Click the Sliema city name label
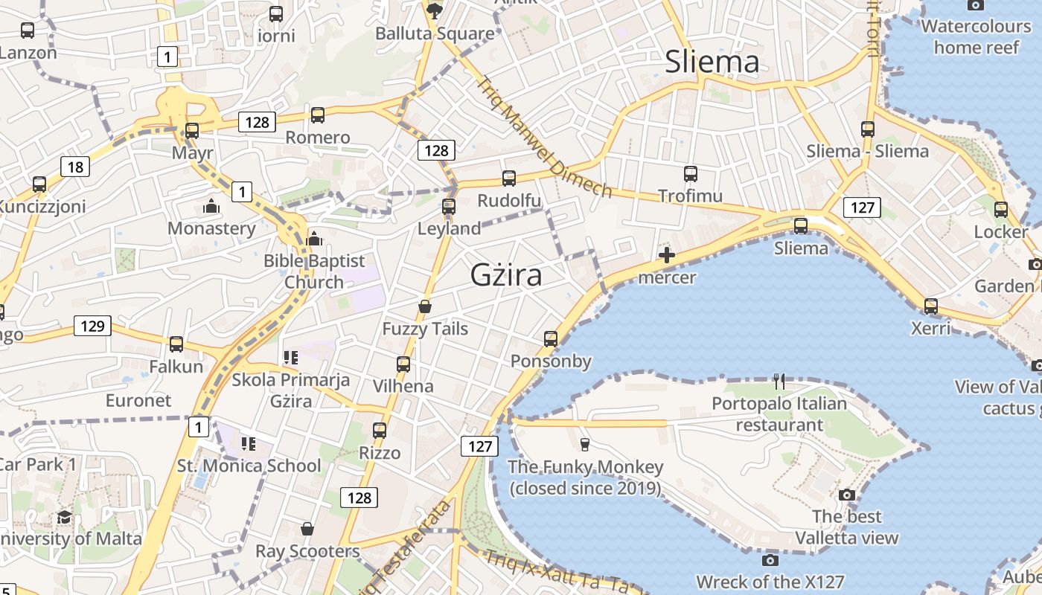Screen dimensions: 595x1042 (712, 62)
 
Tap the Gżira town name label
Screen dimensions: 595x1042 (506, 276)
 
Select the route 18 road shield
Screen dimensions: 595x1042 (75, 167)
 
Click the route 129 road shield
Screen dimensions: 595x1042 (92, 326)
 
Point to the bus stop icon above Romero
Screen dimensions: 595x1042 (318, 115)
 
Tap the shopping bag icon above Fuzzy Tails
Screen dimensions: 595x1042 (425, 306)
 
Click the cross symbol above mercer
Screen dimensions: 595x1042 (667, 256)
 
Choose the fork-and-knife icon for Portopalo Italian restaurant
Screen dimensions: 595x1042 (779, 382)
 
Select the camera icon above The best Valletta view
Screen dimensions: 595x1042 (846, 495)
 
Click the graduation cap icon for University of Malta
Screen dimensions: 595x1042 (64, 517)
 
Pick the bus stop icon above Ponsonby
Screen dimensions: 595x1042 (551, 339)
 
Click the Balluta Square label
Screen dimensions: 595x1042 (435, 33)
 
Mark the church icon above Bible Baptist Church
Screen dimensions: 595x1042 (314, 239)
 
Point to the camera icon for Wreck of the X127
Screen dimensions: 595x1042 (770, 560)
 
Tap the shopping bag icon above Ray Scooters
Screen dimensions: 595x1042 (307, 529)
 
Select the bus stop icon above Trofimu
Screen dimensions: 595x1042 (691, 174)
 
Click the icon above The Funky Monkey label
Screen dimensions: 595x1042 (585, 445)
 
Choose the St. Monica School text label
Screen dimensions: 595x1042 (249, 466)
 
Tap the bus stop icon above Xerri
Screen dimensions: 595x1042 (930, 306)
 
